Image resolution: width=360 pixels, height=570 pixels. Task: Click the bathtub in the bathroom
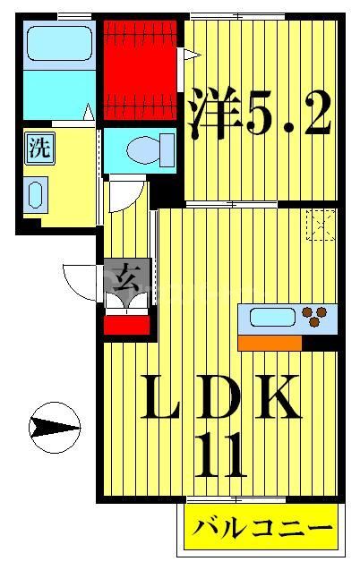click(x=57, y=43)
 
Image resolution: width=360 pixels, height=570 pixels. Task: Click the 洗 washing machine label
click(x=39, y=149)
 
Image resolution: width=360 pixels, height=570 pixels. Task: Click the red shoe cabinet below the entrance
click(x=126, y=325)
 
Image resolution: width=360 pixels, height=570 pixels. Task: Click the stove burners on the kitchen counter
click(x=315, y=316)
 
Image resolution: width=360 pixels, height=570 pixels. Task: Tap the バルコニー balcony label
click(x=261, y=528)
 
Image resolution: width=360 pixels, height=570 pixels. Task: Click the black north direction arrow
click(x=53, y=429)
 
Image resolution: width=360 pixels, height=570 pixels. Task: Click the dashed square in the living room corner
click(x=320, y=224)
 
